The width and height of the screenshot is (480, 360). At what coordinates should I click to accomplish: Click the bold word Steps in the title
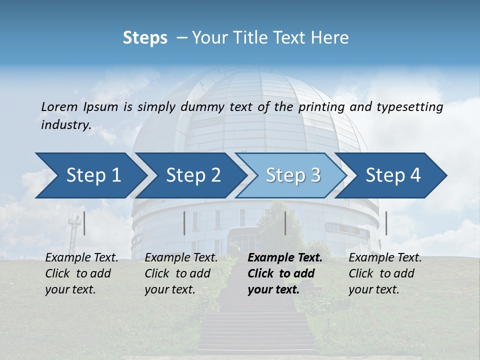[145, 38]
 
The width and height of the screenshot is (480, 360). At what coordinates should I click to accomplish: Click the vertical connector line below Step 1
[84, 223]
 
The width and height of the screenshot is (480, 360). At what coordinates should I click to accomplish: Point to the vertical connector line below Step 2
[184, 223]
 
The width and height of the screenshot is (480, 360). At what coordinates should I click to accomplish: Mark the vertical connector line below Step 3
[285, 223]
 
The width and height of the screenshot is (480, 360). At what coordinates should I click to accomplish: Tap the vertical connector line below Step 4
[386, 223]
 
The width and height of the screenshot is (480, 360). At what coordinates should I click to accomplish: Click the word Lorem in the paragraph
[59, 107]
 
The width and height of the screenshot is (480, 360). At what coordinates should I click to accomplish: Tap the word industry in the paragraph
[65, 125]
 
